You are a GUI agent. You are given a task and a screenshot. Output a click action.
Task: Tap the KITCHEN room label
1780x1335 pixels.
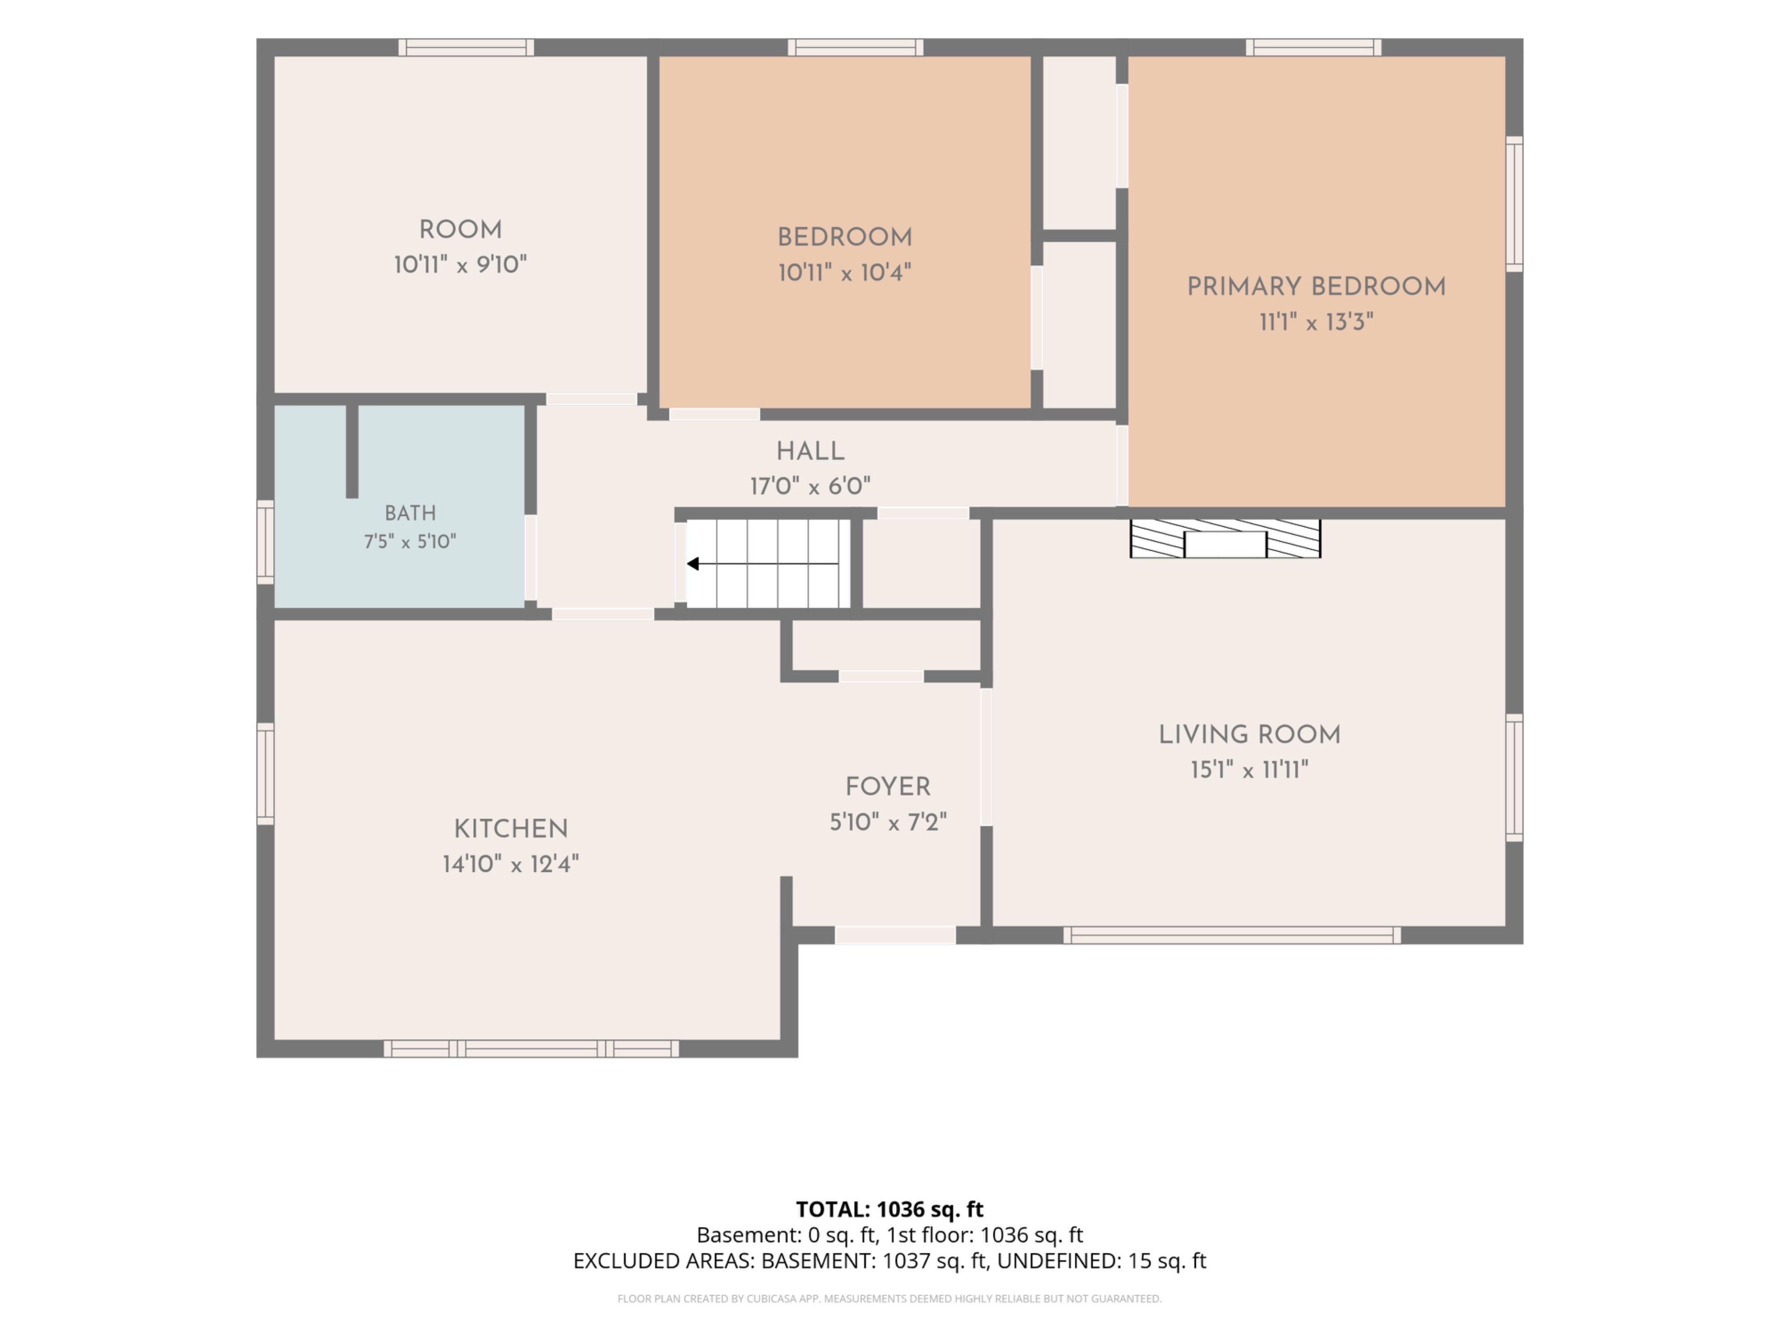[511, 829]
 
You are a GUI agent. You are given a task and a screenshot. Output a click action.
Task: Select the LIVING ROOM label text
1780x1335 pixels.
[1250, 735]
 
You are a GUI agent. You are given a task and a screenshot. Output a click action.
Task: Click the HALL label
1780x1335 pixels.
[810, 451]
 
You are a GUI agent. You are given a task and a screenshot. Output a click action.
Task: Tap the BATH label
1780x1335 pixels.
[410, 513]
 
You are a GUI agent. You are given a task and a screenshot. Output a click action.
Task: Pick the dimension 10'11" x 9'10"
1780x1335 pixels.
[460, 265]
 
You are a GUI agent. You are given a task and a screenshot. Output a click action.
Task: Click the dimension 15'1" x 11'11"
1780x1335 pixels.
[1250, 770]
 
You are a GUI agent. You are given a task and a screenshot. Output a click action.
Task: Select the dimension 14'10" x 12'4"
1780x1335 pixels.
[511, 864]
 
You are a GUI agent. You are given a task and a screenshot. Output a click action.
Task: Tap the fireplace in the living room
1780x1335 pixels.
[1225, 538]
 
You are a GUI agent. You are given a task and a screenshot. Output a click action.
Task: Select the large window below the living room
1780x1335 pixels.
[1232, 935]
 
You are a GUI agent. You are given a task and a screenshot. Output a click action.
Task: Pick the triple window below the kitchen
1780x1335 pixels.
[531, 1049]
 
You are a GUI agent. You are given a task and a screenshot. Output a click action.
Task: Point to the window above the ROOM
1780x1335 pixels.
[466, 47]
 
